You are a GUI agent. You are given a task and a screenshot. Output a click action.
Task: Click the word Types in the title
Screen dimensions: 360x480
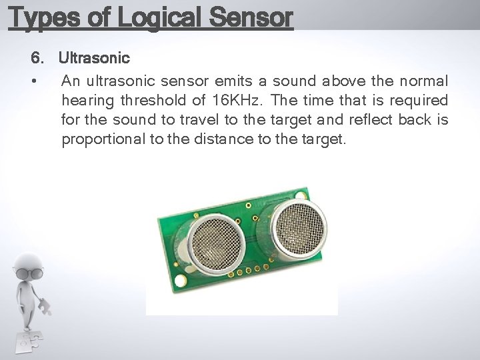[43, 17]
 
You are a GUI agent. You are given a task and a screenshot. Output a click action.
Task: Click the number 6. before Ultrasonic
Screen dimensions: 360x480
[38, 59]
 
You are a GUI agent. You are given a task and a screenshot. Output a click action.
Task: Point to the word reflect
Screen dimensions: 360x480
[369, 121]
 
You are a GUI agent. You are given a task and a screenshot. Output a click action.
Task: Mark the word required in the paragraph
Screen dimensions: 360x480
[418, 101]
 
